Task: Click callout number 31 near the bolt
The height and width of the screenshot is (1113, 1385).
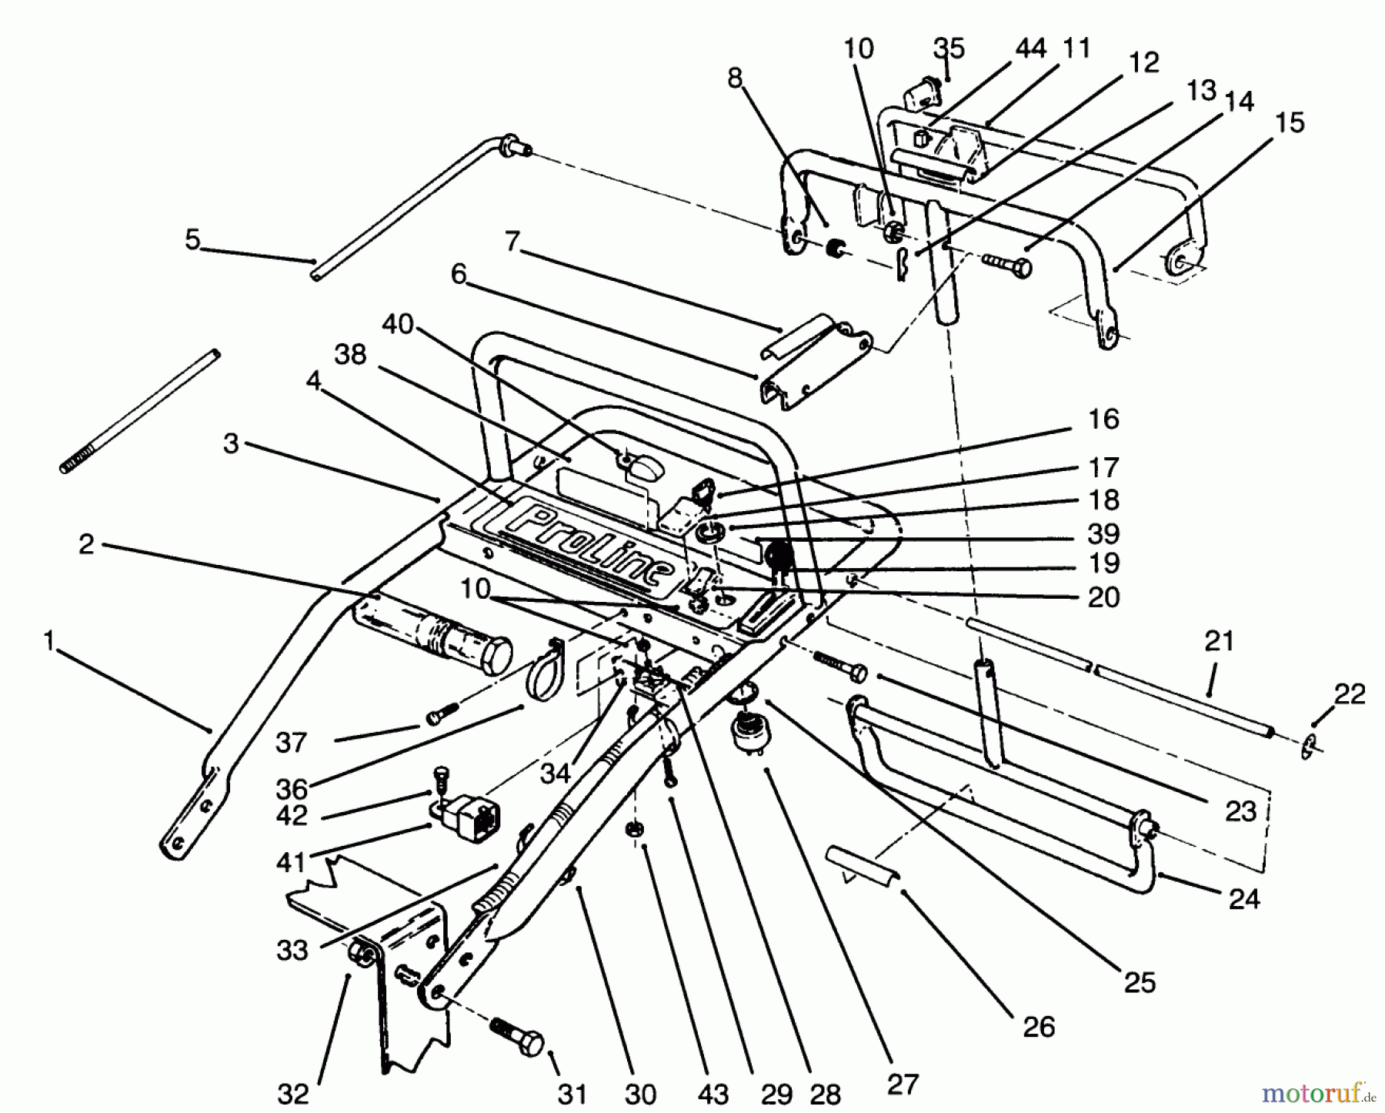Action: coord(572,1094)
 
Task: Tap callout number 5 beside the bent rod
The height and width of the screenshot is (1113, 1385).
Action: coord(192,239)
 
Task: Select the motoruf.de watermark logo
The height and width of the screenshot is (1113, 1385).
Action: coord(1319,1093)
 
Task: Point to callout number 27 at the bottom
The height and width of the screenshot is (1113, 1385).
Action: coord(903,1085)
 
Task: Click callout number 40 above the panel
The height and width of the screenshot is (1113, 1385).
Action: coord(397,326)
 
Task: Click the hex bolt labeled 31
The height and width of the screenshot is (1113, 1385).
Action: coord(517,1035)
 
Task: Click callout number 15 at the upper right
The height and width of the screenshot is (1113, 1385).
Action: coord(1290,123)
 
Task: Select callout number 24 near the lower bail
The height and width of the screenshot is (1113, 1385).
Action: coord(1244,897)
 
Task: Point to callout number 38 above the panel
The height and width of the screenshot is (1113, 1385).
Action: coord(350,355)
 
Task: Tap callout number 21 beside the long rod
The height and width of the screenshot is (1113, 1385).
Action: coord(1220,640)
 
